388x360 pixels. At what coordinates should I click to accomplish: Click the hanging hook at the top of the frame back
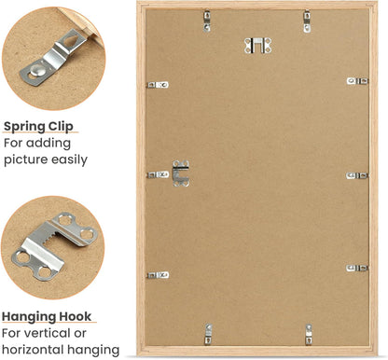point(255,44)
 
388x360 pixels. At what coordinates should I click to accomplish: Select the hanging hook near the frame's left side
point(180,173)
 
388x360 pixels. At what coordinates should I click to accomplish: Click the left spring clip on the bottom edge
point(208,332)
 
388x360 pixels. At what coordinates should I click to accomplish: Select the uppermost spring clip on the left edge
point(159,85)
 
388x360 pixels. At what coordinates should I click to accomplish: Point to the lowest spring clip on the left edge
point(159,275)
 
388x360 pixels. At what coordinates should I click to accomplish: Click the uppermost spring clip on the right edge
point(357,81)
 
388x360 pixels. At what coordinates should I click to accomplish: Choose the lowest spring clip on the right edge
point(357,268)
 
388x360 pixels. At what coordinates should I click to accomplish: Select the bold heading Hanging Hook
point(49,315)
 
